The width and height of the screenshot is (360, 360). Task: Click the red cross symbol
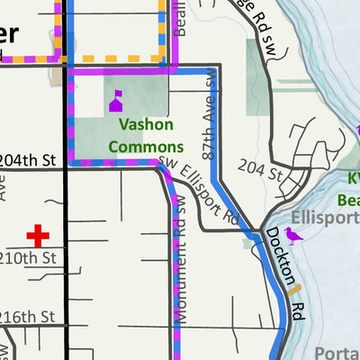pyautogui.click(x=37, y=236)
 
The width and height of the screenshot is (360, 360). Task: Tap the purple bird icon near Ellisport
pyautogui.click(x=293, y=235)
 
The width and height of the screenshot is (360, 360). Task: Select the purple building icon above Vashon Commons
pyautogui.click(x=116, y=101)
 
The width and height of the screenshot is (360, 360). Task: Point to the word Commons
pyautogui.click(x=146, y=146)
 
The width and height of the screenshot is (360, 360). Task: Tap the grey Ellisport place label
pyautogui.click(x=325, y=217)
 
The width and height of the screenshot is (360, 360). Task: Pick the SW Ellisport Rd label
pyautogui.click(x=202, y=191)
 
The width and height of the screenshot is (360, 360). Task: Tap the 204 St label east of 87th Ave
pyautogui.click(x=260, y=166)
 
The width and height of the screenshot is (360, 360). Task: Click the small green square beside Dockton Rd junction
pyautogui.click(x=248, y=241)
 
